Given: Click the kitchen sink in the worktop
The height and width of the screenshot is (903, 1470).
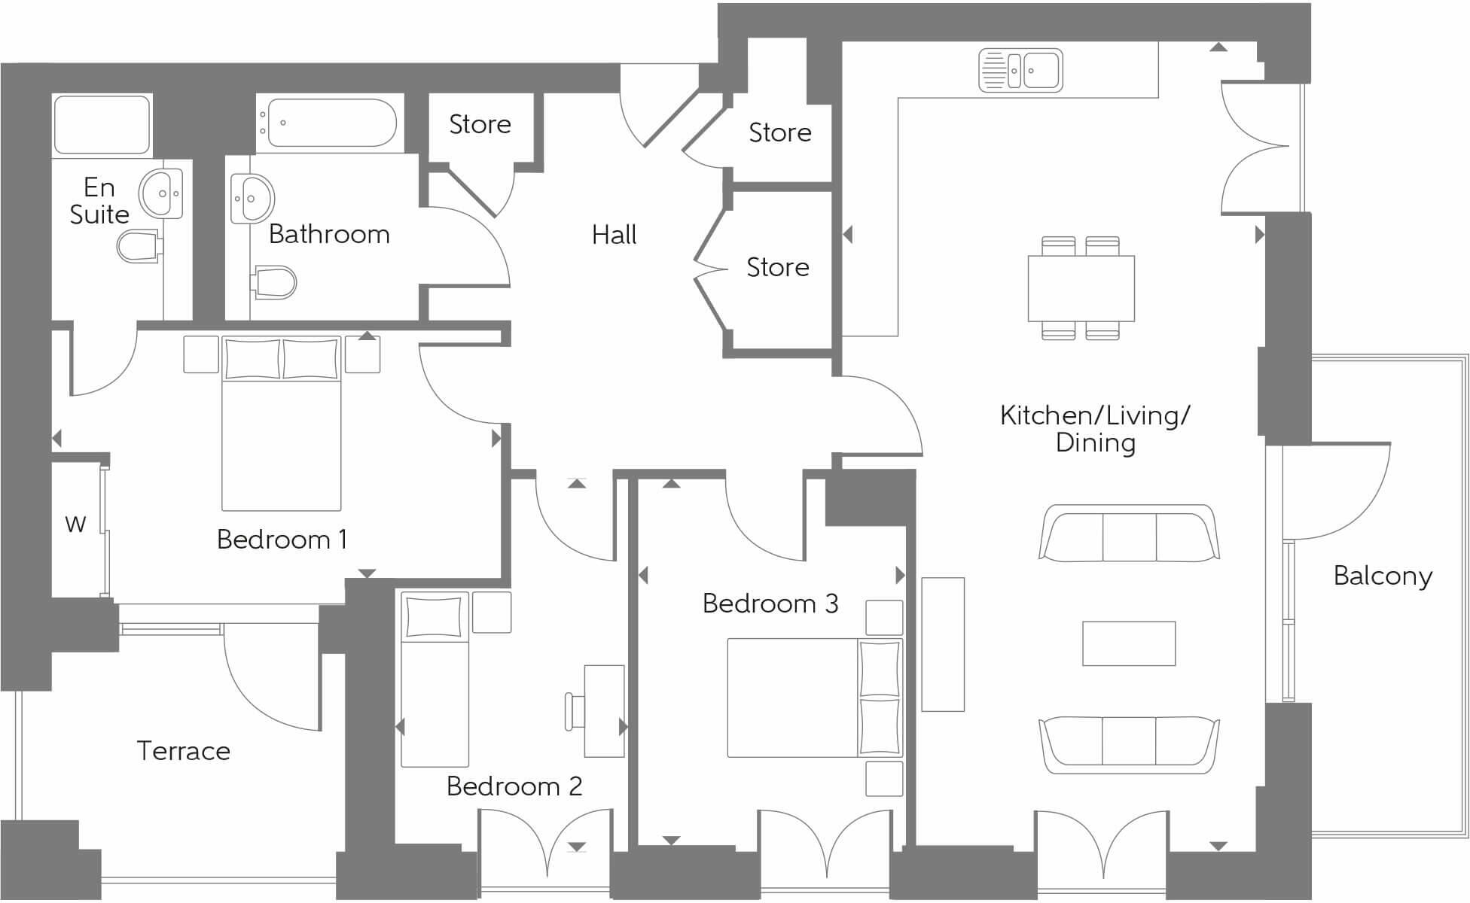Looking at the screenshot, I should (x=1020, y=71).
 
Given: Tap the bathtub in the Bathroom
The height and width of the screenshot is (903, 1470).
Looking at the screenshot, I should (x=331, y=123).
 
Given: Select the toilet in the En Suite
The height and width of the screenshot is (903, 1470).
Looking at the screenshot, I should (x=139, y=246).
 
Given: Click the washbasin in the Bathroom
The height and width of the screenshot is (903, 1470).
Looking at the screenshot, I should (x=252, y=199).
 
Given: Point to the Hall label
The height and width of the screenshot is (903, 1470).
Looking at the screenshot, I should (x=614, y=235).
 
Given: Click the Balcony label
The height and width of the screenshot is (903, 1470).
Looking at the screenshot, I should (x=1383, y=576).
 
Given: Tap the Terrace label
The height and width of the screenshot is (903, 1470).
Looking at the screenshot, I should (x=183, y=750).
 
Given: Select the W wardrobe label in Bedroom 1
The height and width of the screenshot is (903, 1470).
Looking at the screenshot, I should (x=75, y=524).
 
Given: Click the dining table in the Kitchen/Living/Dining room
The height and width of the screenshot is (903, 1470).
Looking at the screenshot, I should (x=1081, y=288).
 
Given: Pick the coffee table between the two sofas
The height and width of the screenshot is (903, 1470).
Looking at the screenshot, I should (x=1128, y=643).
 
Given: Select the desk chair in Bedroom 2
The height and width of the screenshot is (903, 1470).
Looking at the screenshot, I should (x=575, y=712).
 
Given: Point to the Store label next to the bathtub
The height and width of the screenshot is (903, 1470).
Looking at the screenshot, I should (x=480, y=124).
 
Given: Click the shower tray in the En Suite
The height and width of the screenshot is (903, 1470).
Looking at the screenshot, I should (x=102, y=124).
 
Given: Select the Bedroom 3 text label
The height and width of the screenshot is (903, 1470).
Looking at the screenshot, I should (x=770, y=604).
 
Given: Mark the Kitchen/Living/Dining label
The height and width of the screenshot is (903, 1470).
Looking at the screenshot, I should (x=1095, y=428).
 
